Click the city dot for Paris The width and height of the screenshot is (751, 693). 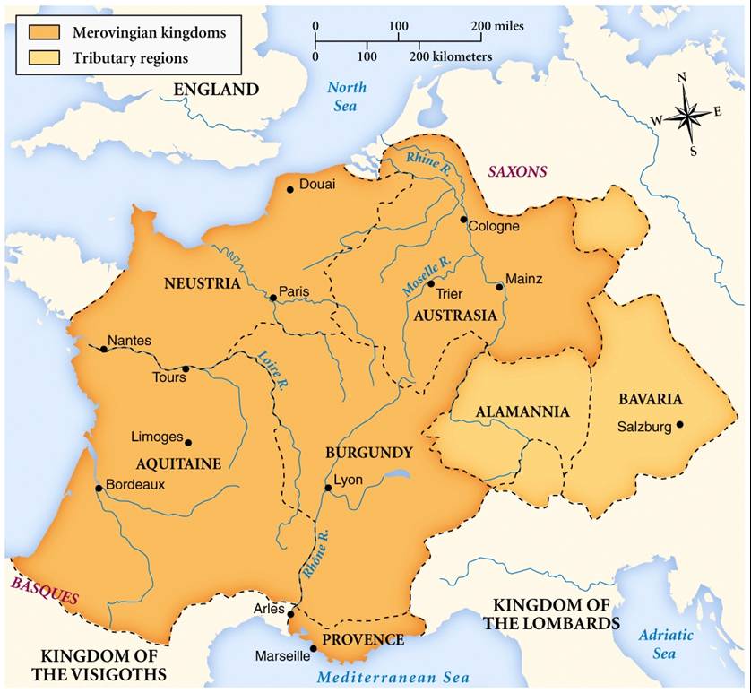click(x=272, y=298)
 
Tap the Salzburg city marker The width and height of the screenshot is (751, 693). click(x=680, y=425)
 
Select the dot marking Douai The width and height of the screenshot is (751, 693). click(x=289, y=189)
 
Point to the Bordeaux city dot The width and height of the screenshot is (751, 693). click(x=99, y=489)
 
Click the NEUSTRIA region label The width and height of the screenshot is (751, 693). click(x=203, y=283)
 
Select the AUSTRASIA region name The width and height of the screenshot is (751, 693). click(x=455, y=316)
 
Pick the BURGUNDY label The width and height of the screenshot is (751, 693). click(x=369, y=453)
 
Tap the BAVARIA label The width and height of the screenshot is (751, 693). click(x=651, y=399)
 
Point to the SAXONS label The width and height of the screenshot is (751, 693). click(x=517, y=171)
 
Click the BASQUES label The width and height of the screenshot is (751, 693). click(x=45, y=590)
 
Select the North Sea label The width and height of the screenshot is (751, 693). click(x=347, y=96)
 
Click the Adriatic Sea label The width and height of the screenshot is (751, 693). click(x=665, y=644)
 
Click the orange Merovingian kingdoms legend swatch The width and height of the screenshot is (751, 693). click(x=41, y=33)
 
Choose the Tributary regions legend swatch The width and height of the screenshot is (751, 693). click(x=41, y=58)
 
